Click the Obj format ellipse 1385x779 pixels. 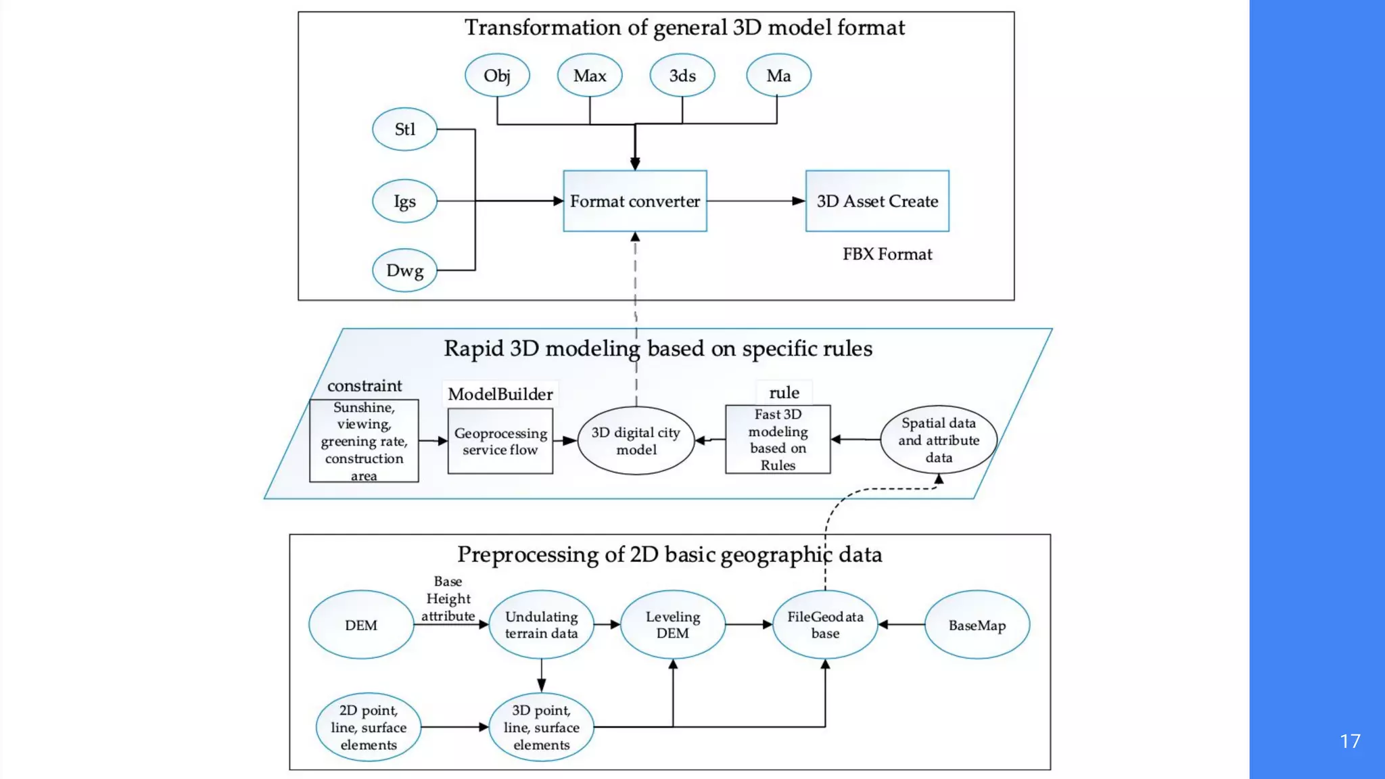coord(497,76)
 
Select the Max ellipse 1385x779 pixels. coord(590,76)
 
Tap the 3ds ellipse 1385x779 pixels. coord(682,76)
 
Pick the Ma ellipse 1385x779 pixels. coord(778,76)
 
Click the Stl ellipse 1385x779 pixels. coord(404,129)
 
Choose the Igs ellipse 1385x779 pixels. coord(404,201)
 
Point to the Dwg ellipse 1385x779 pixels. coord(404,270)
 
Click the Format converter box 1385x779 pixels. coord(635,201)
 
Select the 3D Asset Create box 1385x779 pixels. coord(877,201)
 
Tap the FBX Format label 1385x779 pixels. coord(887,254)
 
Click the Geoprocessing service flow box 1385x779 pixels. coord(500,441)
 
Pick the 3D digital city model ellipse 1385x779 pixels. coord(636,441)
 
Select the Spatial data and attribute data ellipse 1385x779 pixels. coord(939,440)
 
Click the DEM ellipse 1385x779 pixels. coord(361,625)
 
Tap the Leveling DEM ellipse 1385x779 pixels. coord(673,625)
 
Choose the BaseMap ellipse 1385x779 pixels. coord(977,625)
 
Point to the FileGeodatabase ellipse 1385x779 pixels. coord(825,625)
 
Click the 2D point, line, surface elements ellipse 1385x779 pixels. coord(369,728)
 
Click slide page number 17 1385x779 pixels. coord(1350,741)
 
